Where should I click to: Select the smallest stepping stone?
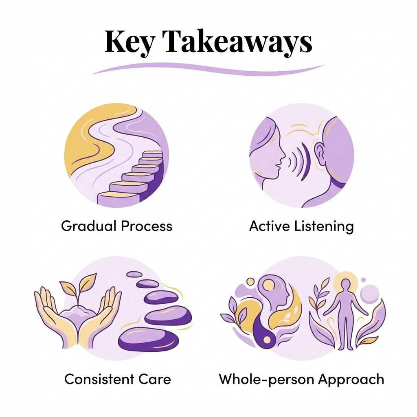[x=134, y=274]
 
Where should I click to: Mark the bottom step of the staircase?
[x=118, y=198]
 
